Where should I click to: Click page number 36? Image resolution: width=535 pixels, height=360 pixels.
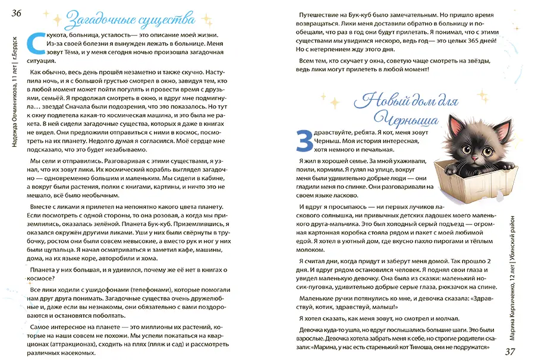(15, 14)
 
